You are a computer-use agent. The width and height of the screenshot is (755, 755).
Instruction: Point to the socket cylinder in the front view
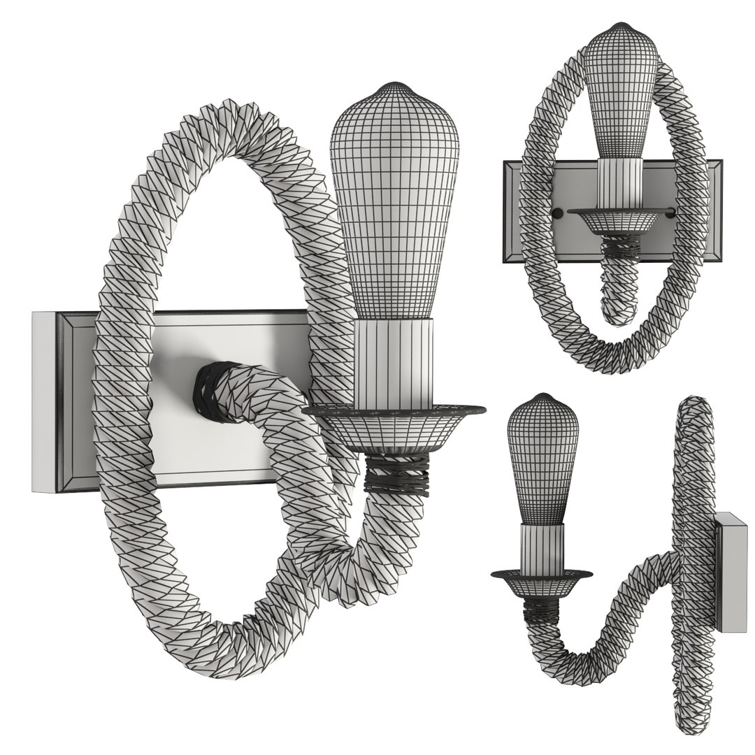click(x=619, y=185)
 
